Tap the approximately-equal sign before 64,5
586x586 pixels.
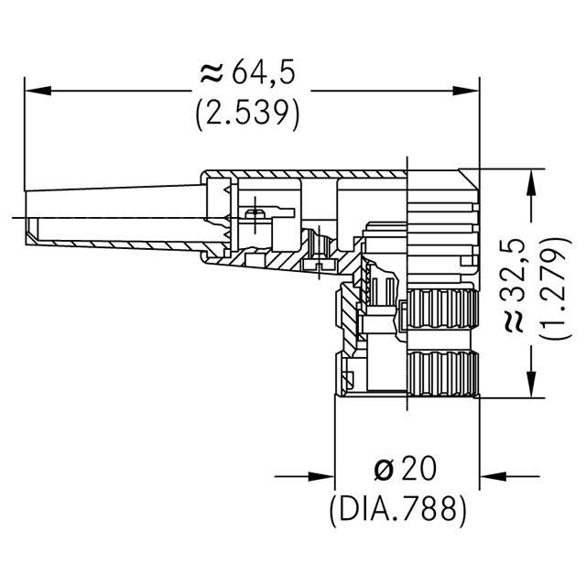pyautogui.click(x=209, y=72)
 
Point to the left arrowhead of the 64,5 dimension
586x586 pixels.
pyautogui.click(x=34, y=91)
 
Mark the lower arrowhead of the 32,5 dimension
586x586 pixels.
pyautogui.click(x=530, y=388)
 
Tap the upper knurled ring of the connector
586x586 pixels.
pyautogui.click(x=441, y=309)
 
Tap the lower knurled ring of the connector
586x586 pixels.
pyautogui.click(x=441, y=372)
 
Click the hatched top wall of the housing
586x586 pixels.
pyautogui.click(x=302, y=173)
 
